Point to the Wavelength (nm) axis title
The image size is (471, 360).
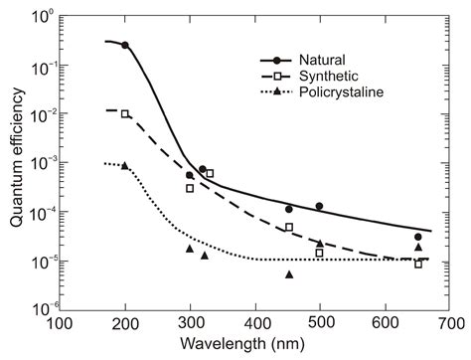point(257,347)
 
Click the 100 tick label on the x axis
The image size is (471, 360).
point(61,324)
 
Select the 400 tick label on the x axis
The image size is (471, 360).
point(256,324)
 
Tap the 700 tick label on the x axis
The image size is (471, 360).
point(451,324)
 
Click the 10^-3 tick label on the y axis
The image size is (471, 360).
point(41,164)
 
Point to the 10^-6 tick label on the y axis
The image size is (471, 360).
point(41,309)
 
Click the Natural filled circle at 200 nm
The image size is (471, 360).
point(125,45)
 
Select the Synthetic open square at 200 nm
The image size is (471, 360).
point(125,114)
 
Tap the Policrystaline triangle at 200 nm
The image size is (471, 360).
point(125,165)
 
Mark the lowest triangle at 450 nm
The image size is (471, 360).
point(289,274)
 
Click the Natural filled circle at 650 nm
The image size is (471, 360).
point(418,237)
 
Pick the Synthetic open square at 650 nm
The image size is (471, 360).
point(418,264)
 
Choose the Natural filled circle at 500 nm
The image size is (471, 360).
point(320,206)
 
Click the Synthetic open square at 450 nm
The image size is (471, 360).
point(289,228)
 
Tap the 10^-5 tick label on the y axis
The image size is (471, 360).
point(41,261)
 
